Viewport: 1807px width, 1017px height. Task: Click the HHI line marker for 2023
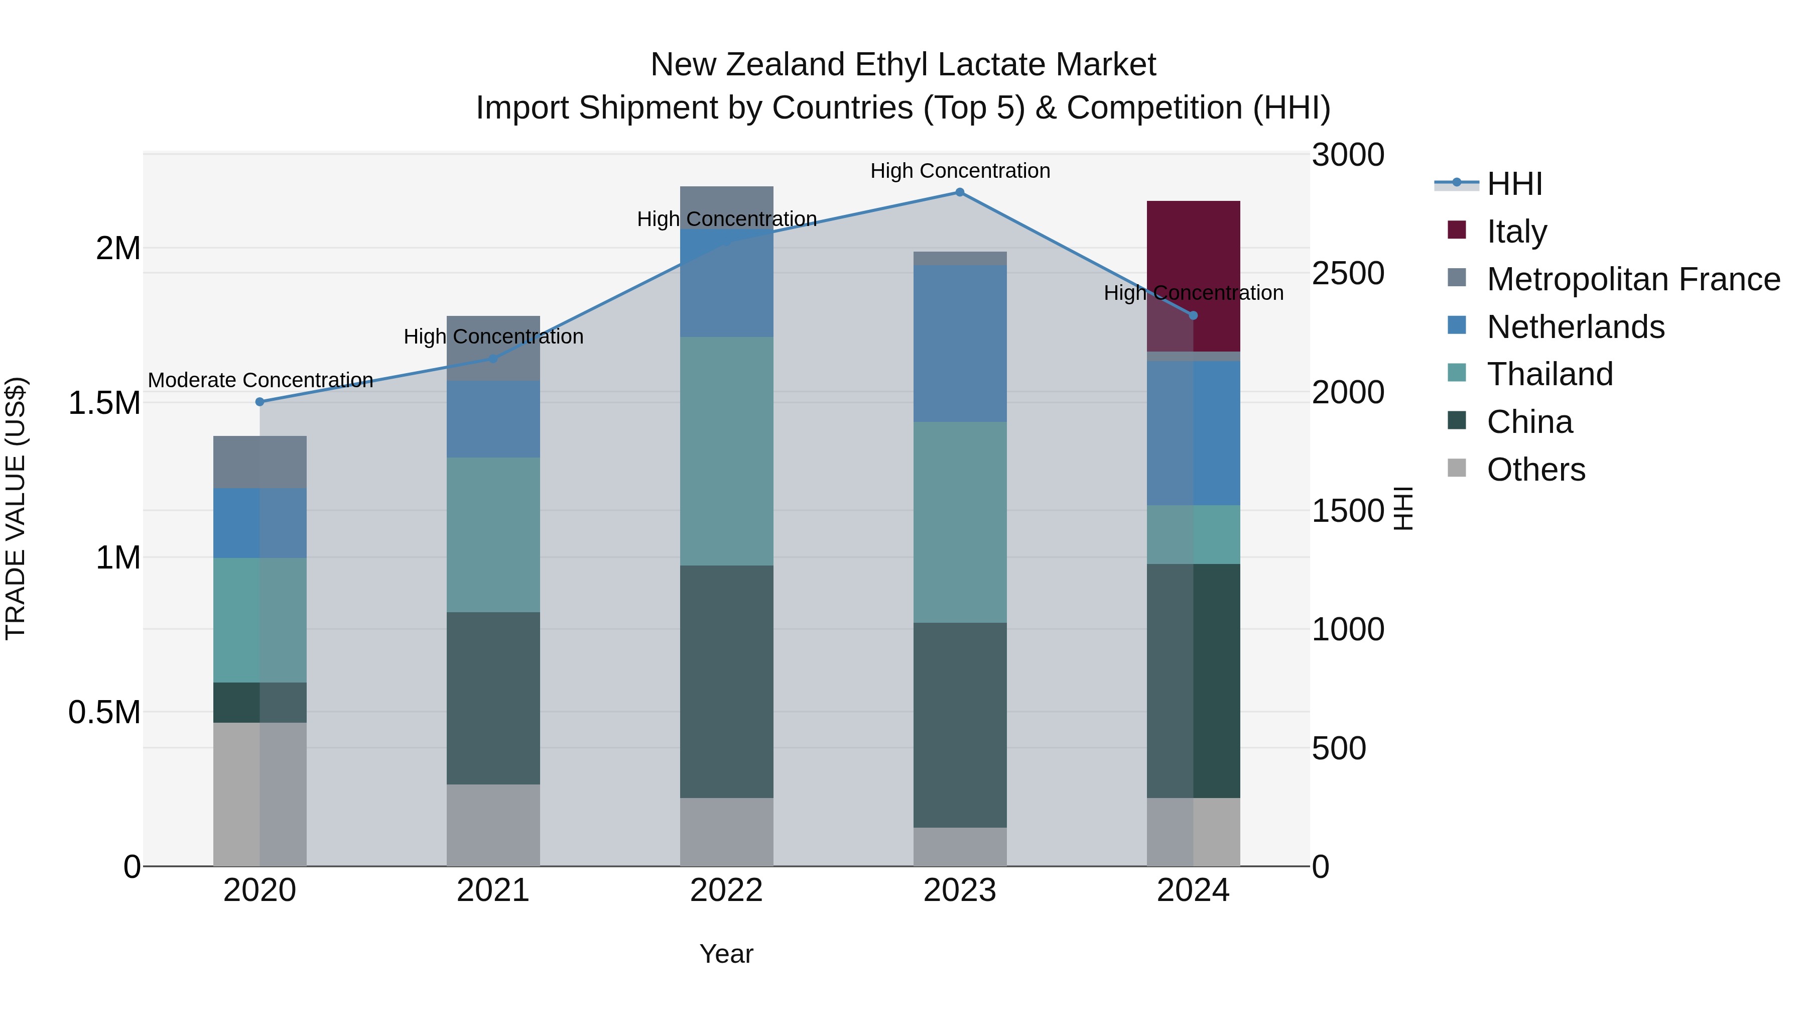960,192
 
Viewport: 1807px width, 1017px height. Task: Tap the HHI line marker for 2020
260,401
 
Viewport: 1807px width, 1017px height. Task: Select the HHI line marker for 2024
1193,315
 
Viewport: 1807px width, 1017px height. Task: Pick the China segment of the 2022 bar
727,681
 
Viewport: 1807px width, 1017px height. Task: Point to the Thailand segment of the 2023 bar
960,522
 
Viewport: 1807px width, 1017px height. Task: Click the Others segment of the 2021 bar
493,825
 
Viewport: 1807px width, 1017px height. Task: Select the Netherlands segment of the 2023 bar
960,344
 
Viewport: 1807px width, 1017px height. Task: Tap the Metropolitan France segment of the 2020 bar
260,462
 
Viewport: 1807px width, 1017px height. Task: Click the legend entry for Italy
1516,231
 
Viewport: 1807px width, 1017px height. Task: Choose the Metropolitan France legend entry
1633,279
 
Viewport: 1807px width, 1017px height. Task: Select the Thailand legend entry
1550,374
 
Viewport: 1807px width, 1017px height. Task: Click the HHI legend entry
1514,184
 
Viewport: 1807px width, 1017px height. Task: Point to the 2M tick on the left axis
118,249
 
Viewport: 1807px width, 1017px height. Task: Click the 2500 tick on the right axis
1348,274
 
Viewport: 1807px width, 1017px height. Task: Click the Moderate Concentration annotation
260,380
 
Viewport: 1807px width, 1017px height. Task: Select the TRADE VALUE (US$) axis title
16,508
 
